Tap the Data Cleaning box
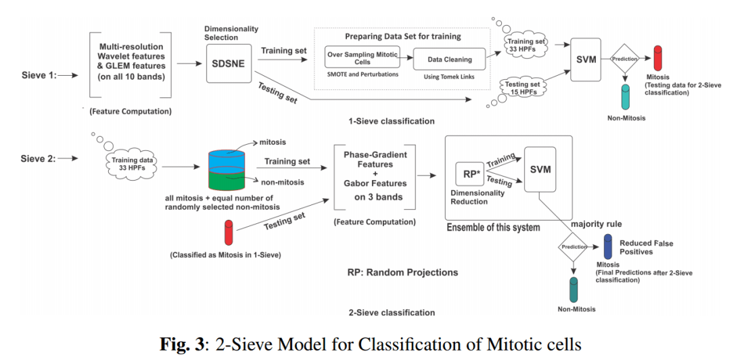click(x=449, y=60)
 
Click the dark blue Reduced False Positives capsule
click(x=608, y=245)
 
